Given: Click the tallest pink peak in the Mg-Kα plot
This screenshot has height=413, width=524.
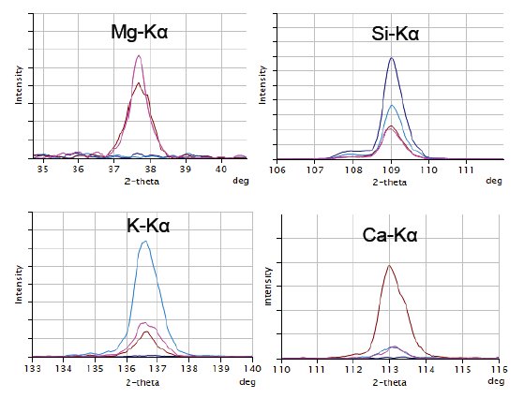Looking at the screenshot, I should (x=139, y=56).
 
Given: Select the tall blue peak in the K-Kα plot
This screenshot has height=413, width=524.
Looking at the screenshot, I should (x=144, y=242).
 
